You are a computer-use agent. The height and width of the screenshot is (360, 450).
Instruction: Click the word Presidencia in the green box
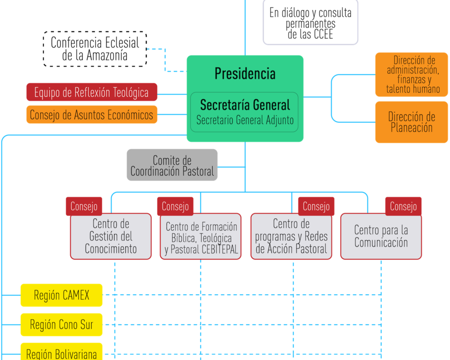(x=245, y=73)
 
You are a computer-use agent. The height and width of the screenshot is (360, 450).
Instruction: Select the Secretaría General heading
(x=245, y=105)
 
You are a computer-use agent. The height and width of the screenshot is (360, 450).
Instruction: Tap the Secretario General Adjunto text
(x=245, y=121)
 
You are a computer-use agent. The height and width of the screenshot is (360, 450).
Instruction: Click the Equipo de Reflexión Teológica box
(x=92, y=92)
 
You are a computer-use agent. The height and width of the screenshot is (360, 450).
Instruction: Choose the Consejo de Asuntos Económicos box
(x=92, y=115)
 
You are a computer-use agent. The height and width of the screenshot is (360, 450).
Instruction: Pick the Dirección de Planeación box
(x=411, y=122)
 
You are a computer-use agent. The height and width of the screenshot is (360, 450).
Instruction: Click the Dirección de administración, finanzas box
(x=411, y=75)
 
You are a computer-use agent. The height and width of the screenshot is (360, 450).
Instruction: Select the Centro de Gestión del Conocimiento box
(x=111, y=237)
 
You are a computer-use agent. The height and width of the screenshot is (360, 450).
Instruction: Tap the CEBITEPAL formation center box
(x=201, y=238)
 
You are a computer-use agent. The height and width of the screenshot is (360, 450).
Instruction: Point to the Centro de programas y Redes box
(x=291, y=237)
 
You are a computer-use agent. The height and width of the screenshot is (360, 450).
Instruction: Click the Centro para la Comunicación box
(x=381, y=237)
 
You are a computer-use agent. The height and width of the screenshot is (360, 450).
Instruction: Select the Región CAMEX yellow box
(x=62, y=295)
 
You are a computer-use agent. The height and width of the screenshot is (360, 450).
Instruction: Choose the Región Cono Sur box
(x=62, y=324)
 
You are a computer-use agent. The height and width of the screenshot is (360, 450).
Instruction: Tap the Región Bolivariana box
(x=62, y=353)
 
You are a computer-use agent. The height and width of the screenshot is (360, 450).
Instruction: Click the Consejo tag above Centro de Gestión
(x=84, y=207)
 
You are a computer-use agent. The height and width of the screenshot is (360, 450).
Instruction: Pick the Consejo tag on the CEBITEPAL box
(x=175, y=207)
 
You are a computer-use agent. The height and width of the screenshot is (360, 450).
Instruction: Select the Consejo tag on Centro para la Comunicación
(x=403, y=207)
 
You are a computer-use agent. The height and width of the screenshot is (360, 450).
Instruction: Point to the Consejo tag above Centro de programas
(x=316, y=207)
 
